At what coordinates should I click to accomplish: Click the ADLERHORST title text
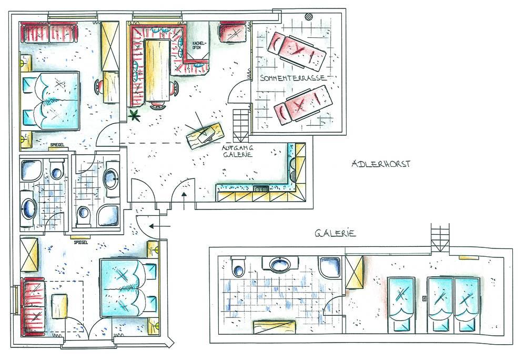click(381, 164)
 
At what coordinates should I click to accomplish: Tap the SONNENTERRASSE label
click(293, 78)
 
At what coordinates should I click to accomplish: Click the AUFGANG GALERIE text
click(238, 151)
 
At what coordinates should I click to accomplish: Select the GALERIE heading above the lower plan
click(335, 233)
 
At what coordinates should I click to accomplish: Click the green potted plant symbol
click(135, 115)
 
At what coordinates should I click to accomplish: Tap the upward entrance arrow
click(184, 201)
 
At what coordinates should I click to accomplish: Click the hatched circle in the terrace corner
click(309, 16)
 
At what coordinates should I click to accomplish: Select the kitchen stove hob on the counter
click(261, 189)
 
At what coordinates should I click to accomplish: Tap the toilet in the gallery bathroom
click(238, 266)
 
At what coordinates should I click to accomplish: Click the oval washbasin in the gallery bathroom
click(280, 264)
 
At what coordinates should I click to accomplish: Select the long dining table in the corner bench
click(156, 70)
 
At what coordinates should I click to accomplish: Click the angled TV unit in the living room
click(205, 135)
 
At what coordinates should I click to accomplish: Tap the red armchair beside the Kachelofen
click(233, 32)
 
